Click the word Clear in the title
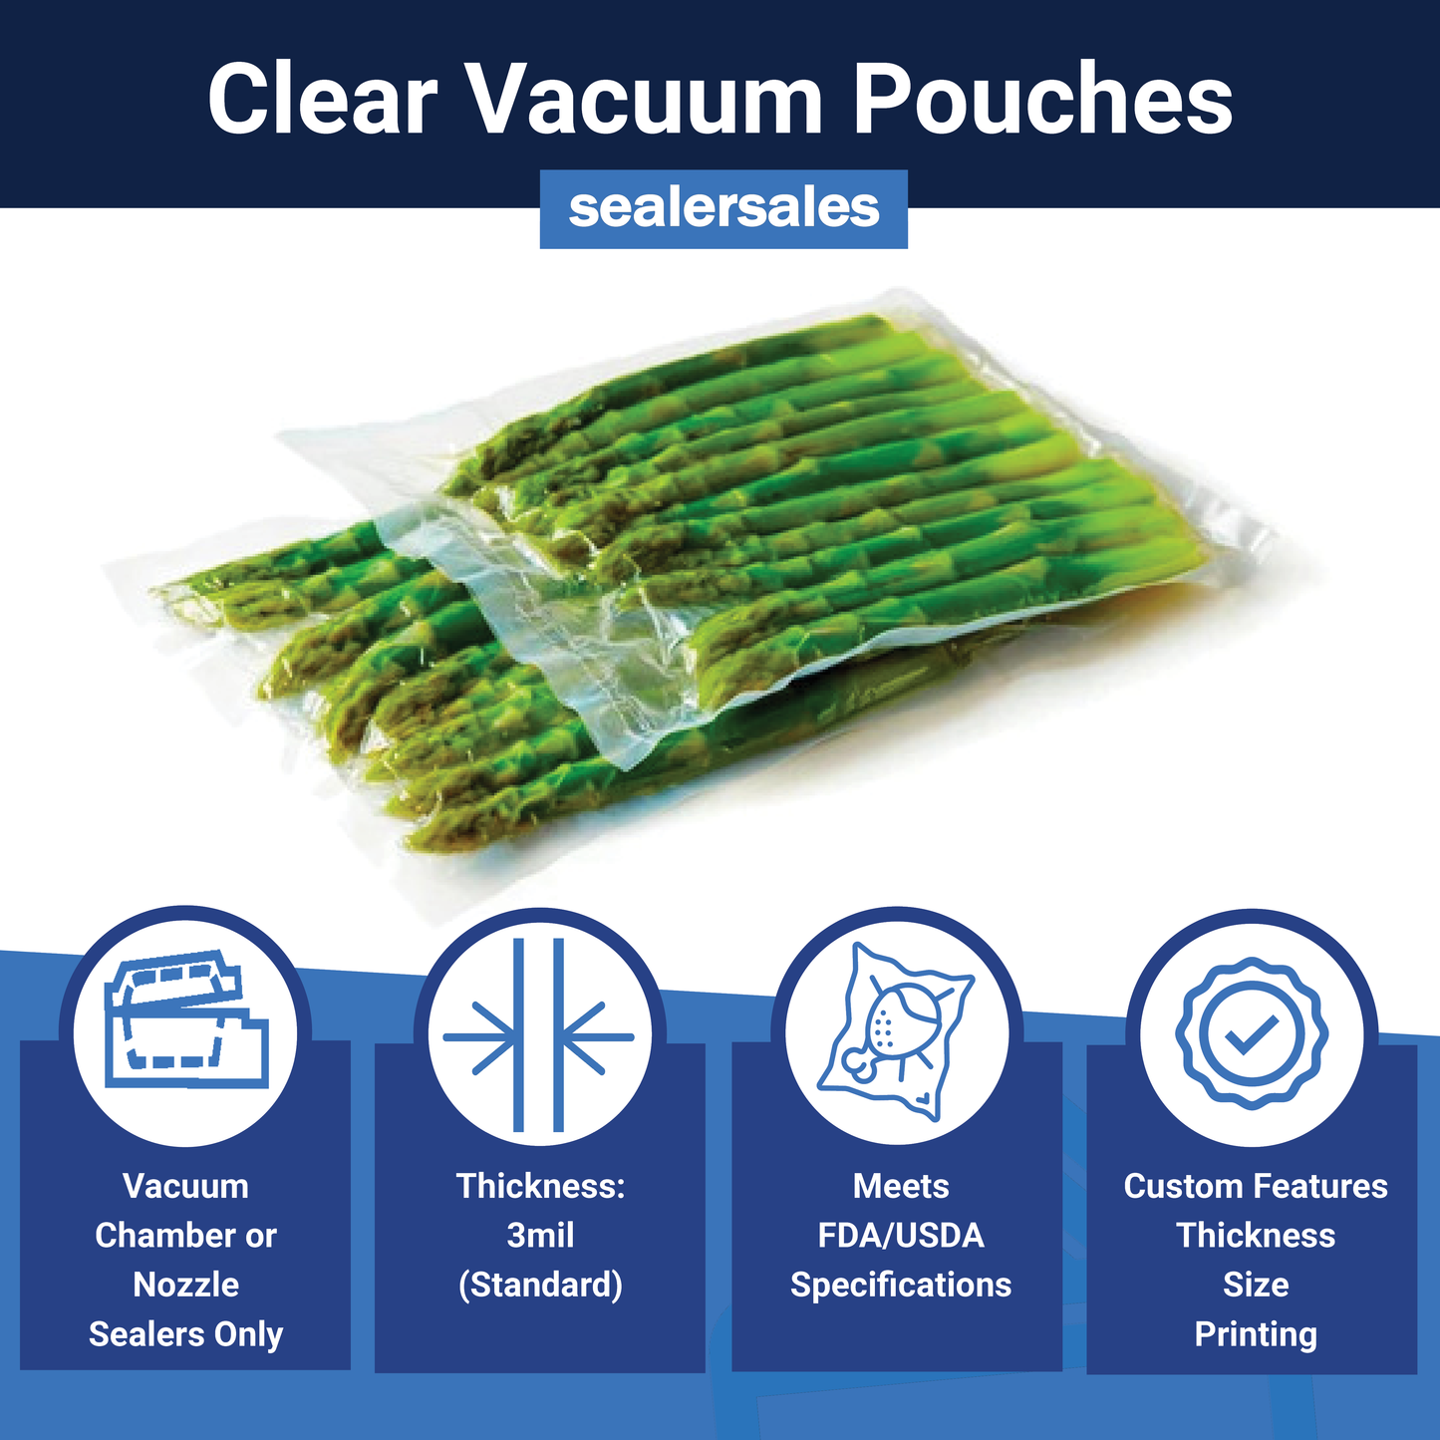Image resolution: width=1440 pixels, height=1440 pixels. pos(322,99)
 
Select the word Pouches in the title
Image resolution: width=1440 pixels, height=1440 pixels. pos(1042,99)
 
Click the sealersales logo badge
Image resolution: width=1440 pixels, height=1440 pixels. pos(723,208)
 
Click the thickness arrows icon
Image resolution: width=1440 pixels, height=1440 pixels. pos(539,1035)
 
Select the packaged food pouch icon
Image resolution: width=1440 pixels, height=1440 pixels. pos(896,1031)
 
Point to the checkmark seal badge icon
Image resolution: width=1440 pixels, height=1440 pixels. pos(1252,1032)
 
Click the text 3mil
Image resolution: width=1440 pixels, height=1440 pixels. pos(540,1236)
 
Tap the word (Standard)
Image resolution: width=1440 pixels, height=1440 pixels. pos(540,1285)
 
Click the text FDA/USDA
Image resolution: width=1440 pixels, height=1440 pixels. pos(901,1236)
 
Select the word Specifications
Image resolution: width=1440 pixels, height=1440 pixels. pos(901,1285)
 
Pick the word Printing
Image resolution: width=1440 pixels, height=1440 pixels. pos(1256,1333)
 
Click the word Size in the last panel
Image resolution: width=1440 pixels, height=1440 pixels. pos(1256,1285)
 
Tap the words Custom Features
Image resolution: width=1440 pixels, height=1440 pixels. pos(1256,1186)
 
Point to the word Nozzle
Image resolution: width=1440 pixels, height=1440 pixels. pos(186,1285)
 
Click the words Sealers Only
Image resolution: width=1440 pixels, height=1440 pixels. pos(186,1333)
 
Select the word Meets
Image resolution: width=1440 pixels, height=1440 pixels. pos(901,1186)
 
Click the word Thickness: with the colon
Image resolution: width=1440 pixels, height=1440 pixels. pos(540,1186)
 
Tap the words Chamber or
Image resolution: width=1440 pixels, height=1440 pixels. pos(186,1236)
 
